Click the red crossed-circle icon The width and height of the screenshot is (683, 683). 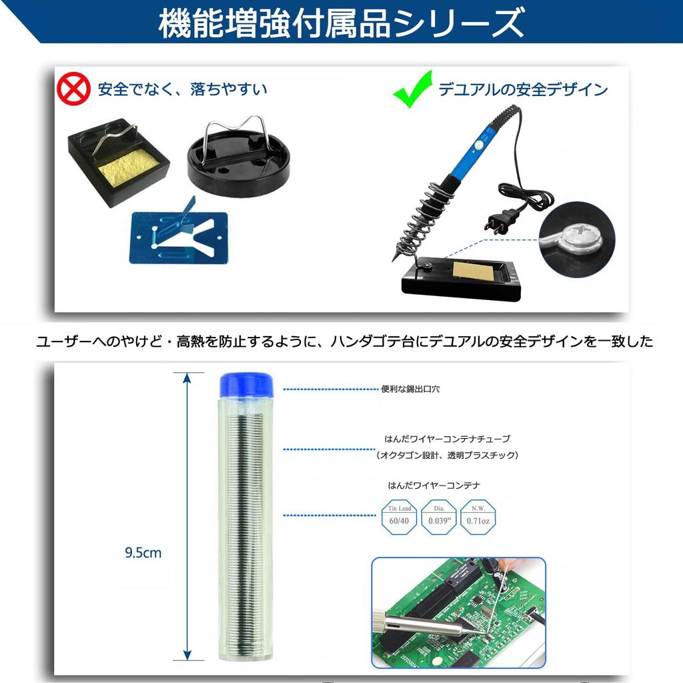pyautogui.click(x=73, y=89)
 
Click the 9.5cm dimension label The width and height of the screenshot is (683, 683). pyautogui.click(x=143, y=552)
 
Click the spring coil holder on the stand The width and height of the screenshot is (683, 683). pyautogui.click(x=417, y=221)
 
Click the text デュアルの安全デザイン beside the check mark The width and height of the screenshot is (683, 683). pyautogui.click(x=523, y=89)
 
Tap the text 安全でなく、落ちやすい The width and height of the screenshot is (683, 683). pyautogui.click(x=182, y=89)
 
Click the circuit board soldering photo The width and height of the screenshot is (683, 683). pyautogui.click(x=458, y=612)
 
